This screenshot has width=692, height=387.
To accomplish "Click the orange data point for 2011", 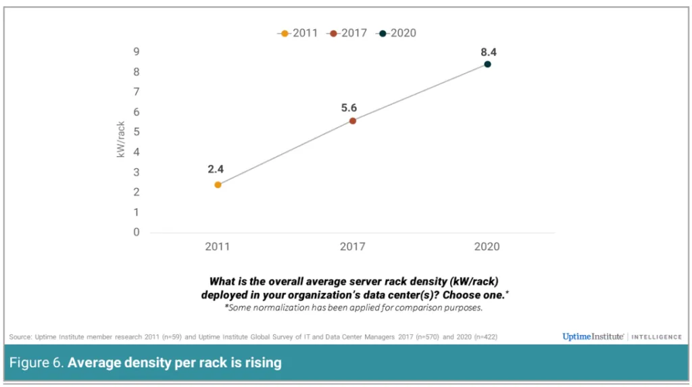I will click(218, 184).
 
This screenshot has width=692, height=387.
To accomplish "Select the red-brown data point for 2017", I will click(353, 121).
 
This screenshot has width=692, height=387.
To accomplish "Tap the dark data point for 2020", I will click(487, 64).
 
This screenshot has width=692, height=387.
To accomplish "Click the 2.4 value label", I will click(216, 169).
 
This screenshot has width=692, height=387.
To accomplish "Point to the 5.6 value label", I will click(349, 107).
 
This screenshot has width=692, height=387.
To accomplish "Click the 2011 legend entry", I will click(298, 33).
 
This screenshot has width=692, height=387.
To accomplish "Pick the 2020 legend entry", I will click(397, 33).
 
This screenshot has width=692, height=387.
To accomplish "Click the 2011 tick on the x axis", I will click(217, 247).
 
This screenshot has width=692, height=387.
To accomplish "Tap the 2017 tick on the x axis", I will click(352, 247).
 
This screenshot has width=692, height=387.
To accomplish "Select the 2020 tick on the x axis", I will click(487, 247).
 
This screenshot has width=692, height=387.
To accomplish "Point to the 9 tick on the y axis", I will click(137, 52).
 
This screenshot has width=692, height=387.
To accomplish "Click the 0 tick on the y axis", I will click(137, 232).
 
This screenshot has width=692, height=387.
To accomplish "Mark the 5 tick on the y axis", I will click(137, 132).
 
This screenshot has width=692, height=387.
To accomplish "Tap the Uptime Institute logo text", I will click(593, 336).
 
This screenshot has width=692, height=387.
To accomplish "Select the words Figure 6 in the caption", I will click(36, 363).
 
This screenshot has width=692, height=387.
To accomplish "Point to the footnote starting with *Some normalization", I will click(353, 308).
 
